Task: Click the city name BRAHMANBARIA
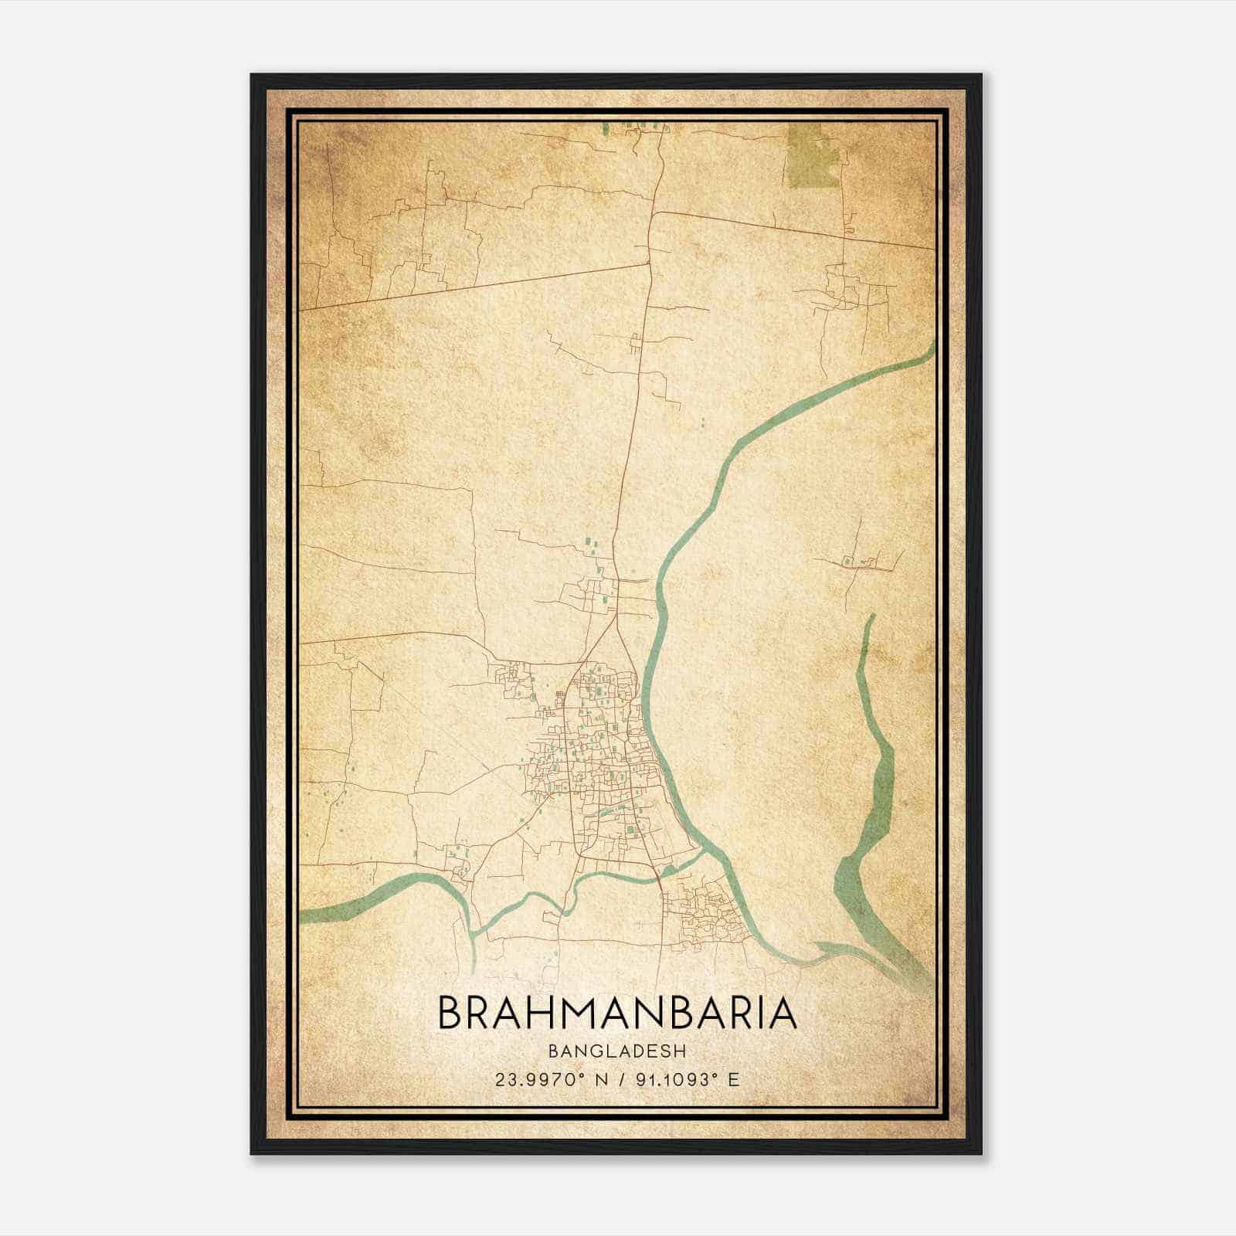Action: coord(617,1013)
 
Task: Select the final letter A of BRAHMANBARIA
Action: coord(783,1013)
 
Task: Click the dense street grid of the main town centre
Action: coord(603,757)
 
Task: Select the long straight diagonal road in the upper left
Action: coord(471,287)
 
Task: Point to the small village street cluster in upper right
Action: coord(850,290)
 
